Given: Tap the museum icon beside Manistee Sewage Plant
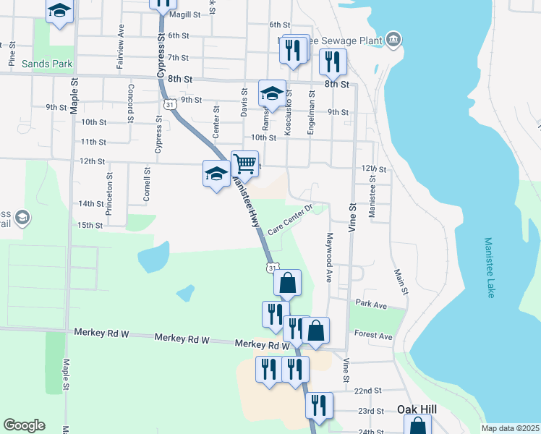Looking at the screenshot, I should point(393,39).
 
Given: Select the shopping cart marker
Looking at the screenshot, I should point(245,163).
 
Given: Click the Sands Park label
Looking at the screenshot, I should point(47,64).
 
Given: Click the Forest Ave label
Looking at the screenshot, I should point(373,336).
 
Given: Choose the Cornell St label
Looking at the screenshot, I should point(146,184).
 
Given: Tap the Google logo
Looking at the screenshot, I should point(24,425).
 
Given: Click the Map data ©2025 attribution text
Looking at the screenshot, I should point(509,428).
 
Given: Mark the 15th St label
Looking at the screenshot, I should point(90,225).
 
